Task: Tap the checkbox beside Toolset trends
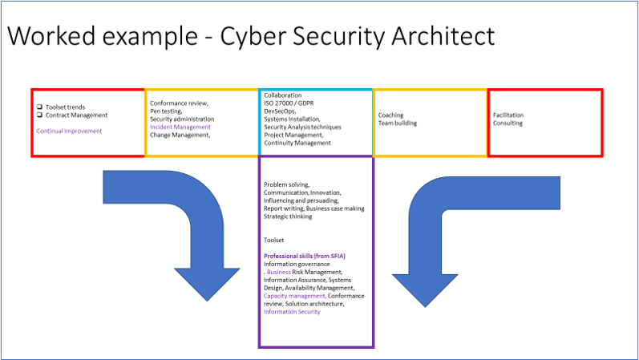tap(38, 107)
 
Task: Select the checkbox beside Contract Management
tap(38, 115)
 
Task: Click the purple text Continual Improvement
tap(69, 131)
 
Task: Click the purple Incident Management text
tap(180, 127)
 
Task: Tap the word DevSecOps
tap(281, 111)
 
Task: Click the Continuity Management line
tap(297, 143)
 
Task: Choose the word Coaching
tap(391, 115)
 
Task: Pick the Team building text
tap(398, 123)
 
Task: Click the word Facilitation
tap(508, 115)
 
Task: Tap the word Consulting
tap(508, 123)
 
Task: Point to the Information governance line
tap(297, 264)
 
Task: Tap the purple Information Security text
tap(292, 312)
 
